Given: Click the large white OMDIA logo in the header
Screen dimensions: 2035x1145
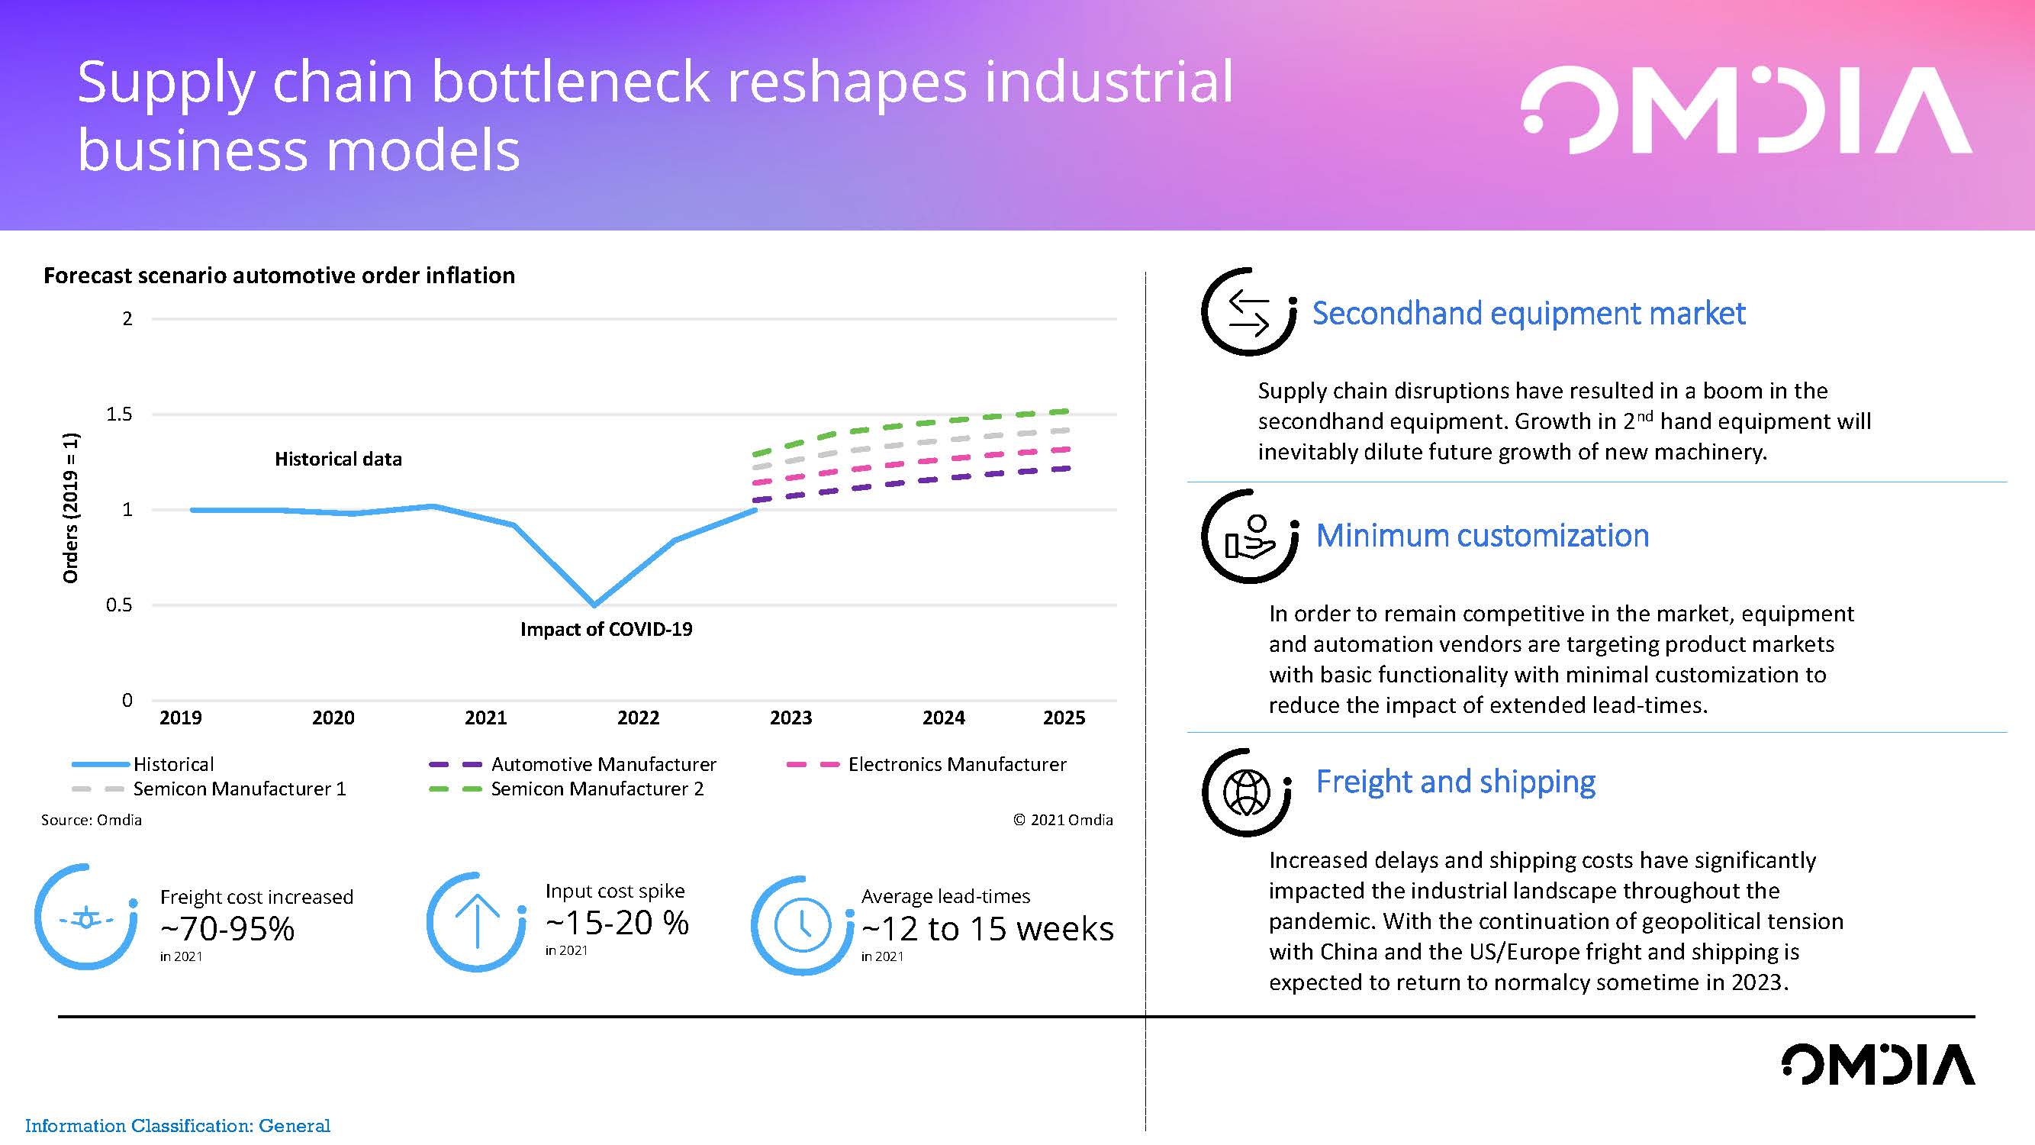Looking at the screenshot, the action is coord(1747,110).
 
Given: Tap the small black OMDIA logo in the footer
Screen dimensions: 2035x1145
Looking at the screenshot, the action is coord(1878,1063).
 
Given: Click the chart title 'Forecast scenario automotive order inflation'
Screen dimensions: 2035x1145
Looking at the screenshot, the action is coord(279,275).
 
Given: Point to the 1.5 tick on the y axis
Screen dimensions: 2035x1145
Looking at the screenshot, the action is coord(119,414).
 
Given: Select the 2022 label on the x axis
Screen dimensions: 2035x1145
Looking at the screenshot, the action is coord(638,718).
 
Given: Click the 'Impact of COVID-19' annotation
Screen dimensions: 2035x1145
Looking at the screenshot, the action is coord(606,629).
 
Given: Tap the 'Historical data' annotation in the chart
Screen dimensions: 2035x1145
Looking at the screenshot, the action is coord(338,459).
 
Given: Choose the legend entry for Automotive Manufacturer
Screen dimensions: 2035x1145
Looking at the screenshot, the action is coord(572,764).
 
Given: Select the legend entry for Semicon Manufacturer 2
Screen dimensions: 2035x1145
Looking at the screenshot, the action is coord(565,789).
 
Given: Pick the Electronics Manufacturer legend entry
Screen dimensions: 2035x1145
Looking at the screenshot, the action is coord(926,764).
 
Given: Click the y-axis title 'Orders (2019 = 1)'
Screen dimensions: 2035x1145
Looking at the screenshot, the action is coord(71,508).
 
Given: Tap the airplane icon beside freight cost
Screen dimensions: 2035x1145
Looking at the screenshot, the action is coord(86,919).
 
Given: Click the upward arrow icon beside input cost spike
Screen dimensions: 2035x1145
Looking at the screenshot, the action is coord(477,921).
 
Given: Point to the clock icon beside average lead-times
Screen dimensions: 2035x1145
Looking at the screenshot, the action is coord(803,924).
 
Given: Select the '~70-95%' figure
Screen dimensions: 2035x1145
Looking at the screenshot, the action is coord(227,928).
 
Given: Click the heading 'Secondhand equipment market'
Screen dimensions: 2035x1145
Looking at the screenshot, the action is coord(1528,313).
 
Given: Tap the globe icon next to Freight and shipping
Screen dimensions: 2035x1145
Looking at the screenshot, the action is coord(1246,792).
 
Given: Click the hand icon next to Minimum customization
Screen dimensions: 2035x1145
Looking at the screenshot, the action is coord(1249,537).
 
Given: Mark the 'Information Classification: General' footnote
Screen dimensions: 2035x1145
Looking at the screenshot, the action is coord(178,1125).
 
